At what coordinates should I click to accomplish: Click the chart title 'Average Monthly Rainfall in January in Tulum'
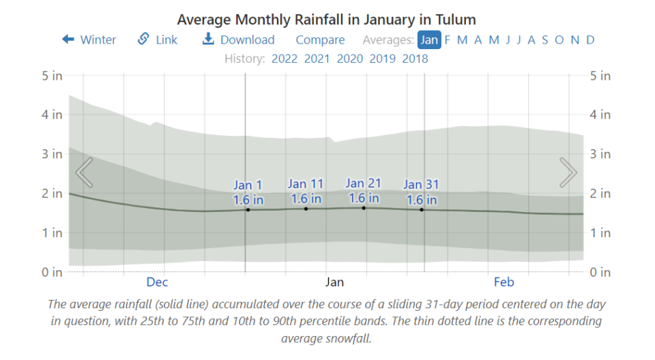(x=326, y=19)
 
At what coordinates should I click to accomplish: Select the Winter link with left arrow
(x=89, y=40)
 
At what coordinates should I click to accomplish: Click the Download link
(x=238, y=40)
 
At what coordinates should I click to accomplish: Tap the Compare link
(x=320, y=40)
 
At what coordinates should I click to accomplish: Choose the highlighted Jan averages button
(x=429, y=40)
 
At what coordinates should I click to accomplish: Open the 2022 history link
(x=285, y=59)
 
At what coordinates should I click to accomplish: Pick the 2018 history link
(x=415, y=59)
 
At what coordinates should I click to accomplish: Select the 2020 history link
(x=349, y=59)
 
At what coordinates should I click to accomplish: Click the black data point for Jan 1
(x=248, y=210)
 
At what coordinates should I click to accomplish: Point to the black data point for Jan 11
(x=306, y=209)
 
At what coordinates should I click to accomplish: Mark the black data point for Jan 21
(x=364, y=208)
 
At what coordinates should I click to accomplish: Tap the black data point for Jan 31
(x=422, y=209)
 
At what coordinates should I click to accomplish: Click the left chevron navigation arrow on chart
(x=84, y=172)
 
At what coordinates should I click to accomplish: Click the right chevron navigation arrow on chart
(x=568, y=172)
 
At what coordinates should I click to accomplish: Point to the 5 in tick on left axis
(x=53, y=76)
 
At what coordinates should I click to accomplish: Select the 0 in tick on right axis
(x=600, y=272)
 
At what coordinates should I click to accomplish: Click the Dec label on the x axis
(x=157, y=282)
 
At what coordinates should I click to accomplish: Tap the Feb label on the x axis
(x=504, y=282)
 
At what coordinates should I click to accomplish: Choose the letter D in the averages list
(x=590, y=40)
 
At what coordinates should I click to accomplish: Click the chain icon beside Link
(x=143, y=39)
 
